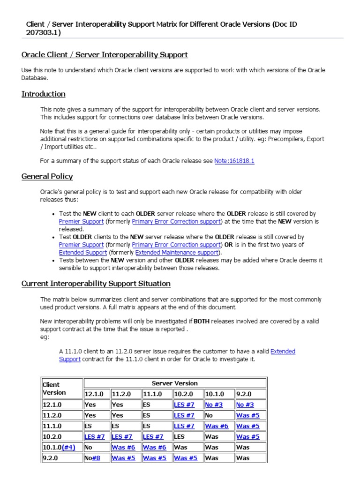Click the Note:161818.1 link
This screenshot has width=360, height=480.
(234, 161)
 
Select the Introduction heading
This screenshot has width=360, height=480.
(43, 94)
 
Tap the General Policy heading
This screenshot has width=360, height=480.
(47, 176)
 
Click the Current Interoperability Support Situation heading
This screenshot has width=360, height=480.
(96, 284)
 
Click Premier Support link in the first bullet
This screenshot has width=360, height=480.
(81, 221)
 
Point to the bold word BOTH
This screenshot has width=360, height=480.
(202, 322)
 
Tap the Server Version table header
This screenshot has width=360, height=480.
(174, 383)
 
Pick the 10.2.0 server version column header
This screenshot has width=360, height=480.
(184, 394)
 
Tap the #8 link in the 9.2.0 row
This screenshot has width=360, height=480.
(96, 458)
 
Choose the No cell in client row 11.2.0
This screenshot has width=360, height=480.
(209, 415)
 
